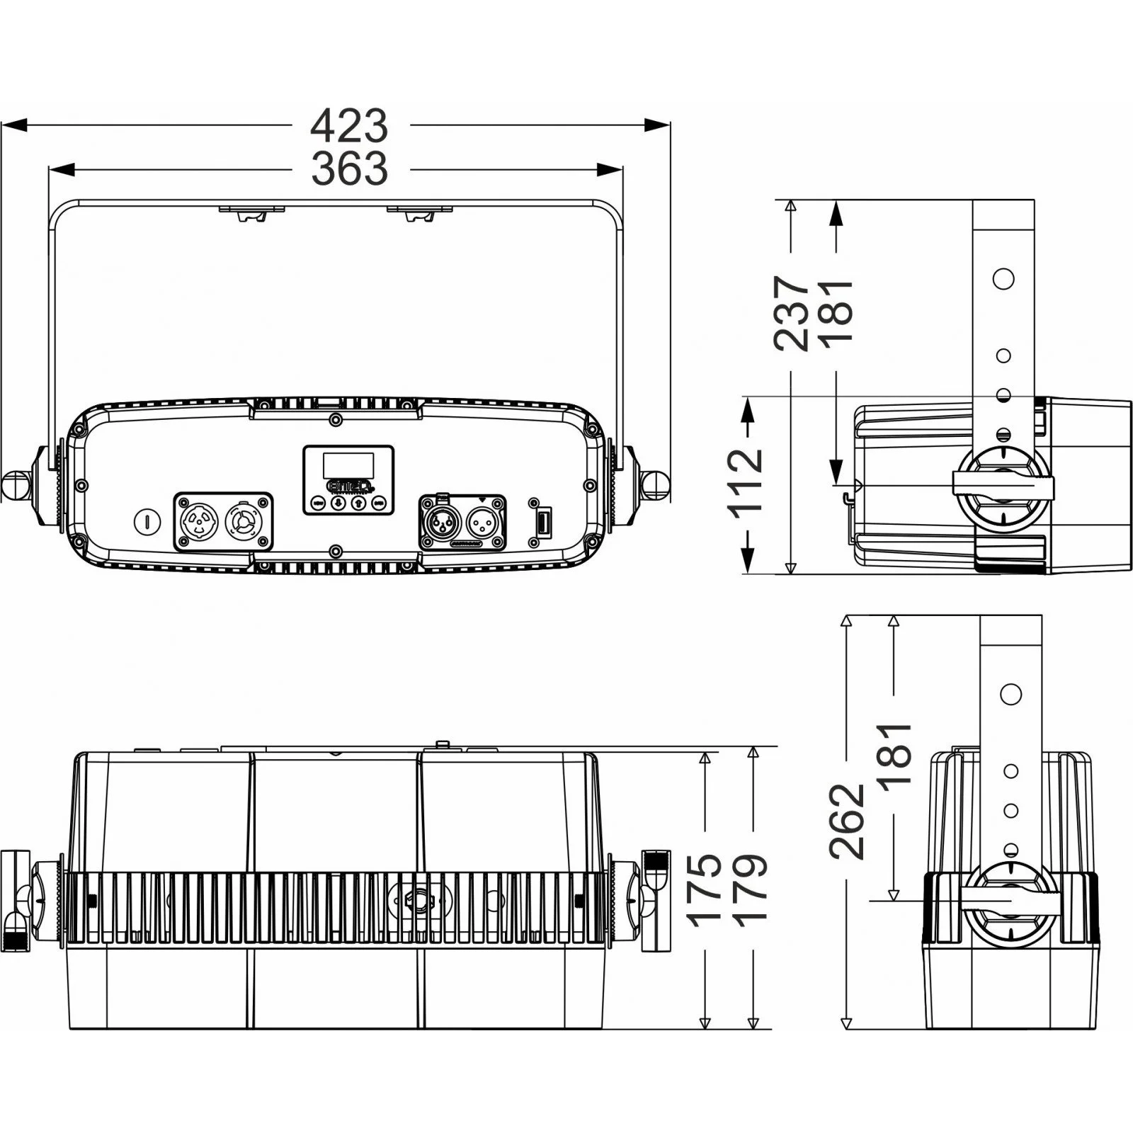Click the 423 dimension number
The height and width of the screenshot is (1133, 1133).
point(350,126)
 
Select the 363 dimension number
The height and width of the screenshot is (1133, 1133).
point(350,169)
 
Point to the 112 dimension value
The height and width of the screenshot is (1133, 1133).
point(746,479)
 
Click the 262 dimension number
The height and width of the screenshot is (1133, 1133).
point(848,821)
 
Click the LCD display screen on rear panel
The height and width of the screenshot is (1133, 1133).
point(349,465)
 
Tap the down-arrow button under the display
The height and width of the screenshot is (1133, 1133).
point(338,503)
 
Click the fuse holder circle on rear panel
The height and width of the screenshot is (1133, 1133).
point(147,522)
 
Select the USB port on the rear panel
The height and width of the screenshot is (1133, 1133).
point(542,523)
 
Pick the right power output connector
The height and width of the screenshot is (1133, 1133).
point(241,523)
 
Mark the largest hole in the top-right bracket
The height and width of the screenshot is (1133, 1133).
point(1003,278)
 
